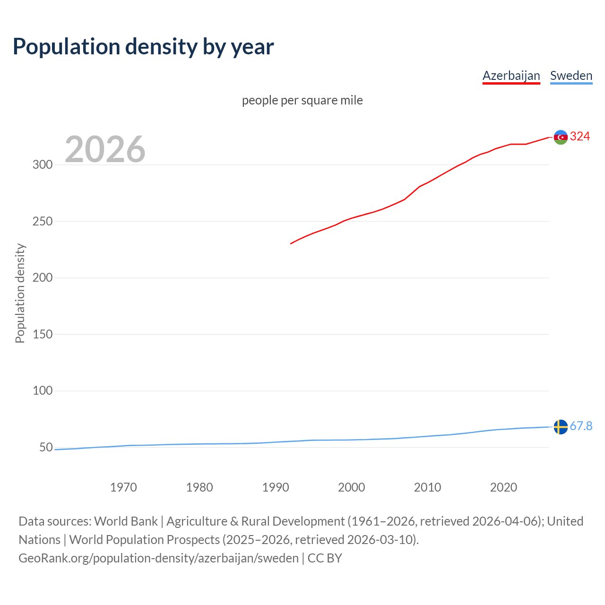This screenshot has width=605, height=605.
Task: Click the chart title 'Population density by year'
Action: click(143, 47)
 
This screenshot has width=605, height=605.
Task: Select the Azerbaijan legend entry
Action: click(511, 76)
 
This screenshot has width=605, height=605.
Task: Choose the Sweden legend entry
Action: click(571, 76)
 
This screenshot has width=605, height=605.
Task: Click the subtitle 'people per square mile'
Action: click(302, 100)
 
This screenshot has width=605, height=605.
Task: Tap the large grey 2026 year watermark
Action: click(105, 149)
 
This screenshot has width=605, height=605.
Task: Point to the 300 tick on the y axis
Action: click(42, 165)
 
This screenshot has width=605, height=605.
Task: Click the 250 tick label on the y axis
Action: click(42, 221)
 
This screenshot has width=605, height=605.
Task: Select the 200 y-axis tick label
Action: click(42, 278)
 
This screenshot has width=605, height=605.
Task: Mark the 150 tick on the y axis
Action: click(42, 334)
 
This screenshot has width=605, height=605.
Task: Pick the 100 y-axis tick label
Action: click(42, 391)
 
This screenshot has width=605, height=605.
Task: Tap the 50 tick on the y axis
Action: click(46, 447)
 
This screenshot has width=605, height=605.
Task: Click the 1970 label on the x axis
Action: click(123, 487)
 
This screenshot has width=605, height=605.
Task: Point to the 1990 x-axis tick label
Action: click(275, 487)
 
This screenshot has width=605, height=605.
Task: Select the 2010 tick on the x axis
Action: click(427, 487)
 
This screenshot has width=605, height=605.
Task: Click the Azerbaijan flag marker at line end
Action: click(561, 137)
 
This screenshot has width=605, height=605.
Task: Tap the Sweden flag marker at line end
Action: click(561, 427)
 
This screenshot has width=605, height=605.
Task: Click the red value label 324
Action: click(580, 137)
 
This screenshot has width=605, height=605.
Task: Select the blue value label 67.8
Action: click(581, 426)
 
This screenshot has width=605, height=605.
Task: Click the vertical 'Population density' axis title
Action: click(20, 293)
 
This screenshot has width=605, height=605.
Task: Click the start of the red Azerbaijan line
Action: click(291, 243)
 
